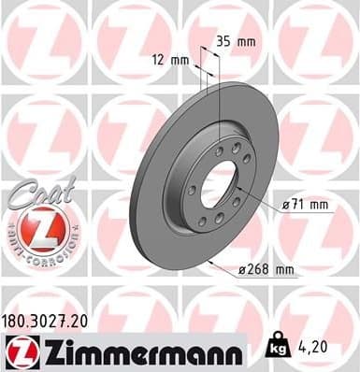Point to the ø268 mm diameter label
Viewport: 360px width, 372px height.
coord(266,270)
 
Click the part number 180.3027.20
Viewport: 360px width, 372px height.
coord(49,320)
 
